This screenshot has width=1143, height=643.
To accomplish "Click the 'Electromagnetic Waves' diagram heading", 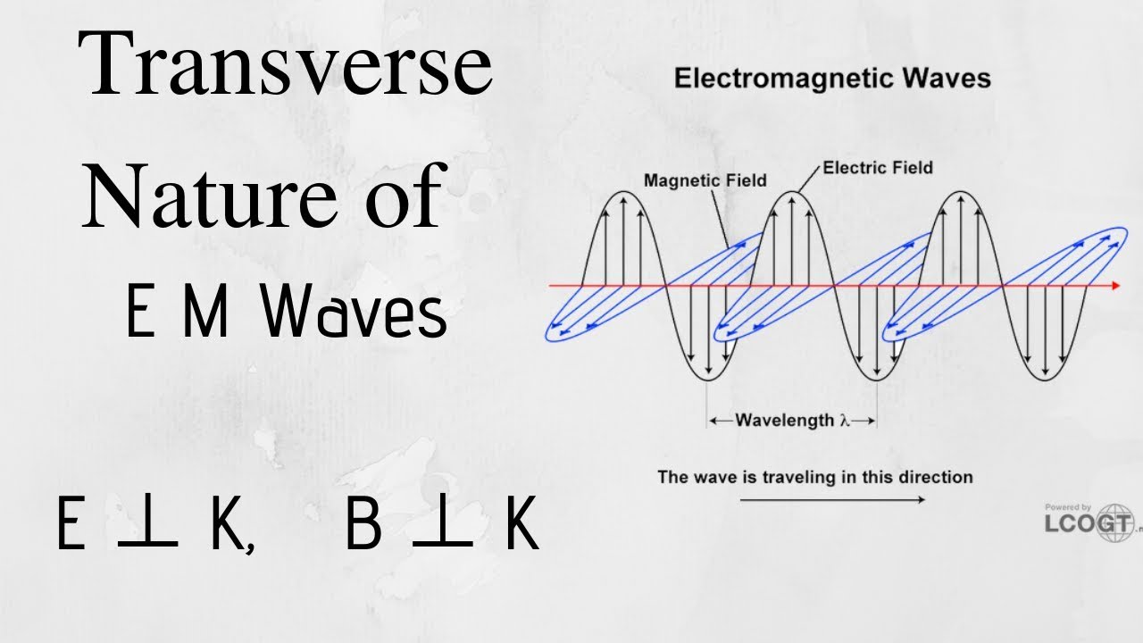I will [x=832, y=78].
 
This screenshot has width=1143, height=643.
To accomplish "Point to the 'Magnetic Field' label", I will [x=705, y=180].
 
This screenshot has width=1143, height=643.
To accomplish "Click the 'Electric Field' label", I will [x=878, y=167].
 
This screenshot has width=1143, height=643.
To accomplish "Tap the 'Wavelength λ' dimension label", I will [x=791, y=420].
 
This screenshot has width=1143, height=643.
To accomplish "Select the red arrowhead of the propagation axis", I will [x=1114, y=286].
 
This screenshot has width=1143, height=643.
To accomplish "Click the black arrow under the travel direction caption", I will [x=832, y=499].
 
